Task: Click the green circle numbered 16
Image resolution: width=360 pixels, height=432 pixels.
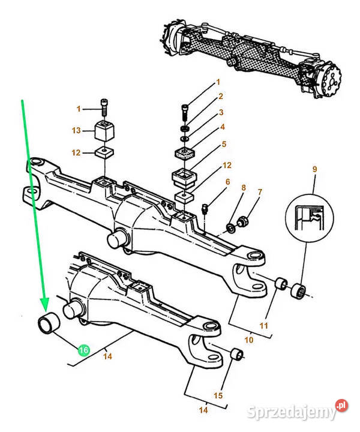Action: [84, 350]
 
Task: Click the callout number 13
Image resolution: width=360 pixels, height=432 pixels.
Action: [76, 130]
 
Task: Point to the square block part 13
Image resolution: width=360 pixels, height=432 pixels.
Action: [105, 131]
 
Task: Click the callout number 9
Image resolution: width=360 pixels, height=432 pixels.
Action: [315, 169]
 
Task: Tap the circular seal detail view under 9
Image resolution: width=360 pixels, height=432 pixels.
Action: [310, 215]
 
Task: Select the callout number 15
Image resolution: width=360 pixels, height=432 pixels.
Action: [218, 395]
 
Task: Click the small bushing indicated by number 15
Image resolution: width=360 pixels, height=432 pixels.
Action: [237, 354]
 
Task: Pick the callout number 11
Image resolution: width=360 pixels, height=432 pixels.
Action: [263, 326]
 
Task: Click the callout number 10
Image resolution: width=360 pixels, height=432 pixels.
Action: [249, 340]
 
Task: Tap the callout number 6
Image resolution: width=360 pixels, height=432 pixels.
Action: [227, 182]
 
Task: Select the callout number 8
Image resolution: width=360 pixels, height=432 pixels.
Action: [244, 188]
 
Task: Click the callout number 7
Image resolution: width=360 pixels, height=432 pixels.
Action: [260, 192]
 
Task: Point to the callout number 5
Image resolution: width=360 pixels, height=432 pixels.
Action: [224, 144]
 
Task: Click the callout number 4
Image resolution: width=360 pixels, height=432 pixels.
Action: [222, 127]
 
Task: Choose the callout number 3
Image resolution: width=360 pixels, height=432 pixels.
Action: [221, 112]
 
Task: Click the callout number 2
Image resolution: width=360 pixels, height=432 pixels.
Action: [221, 97]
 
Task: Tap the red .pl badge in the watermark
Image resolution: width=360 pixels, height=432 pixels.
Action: [341, 405]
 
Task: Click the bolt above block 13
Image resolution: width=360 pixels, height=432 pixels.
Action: [104, 107]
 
